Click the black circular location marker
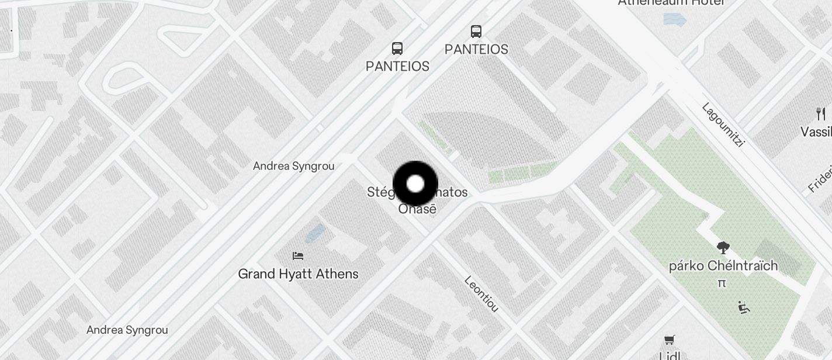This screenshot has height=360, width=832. [x=415, y=184]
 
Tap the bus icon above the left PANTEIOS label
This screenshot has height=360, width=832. [x=397, y=48]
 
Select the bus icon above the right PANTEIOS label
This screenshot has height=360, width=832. [x=476, y=31]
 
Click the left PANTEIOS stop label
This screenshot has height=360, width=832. [x=397, y=66]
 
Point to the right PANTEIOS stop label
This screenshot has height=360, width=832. [x=476, y=50]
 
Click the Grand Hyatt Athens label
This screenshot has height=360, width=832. [x=298, y=274]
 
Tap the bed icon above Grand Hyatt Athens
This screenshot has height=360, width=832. [x=298, y=255]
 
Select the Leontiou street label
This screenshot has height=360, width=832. [x=481, y=293]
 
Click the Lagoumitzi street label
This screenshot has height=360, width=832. [x=723, y=124]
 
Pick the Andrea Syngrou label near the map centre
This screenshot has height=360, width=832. [x=293, y=166]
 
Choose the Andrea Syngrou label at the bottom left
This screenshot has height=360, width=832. [x=127, y=330]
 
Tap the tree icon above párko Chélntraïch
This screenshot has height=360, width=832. [x=723, y=248]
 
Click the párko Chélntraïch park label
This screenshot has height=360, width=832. [x=723, y=266]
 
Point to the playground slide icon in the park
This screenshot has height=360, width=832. [x=743, y=307]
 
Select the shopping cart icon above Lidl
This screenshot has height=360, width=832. [x=670, y=340]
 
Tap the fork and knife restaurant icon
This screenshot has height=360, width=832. [x=821, y=113]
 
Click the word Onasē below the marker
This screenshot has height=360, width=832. [x=417, y=209]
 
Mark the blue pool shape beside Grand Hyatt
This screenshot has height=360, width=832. [x=315, y=234]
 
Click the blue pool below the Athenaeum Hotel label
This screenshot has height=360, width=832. [x=675, y=19]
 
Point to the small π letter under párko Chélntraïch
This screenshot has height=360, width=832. [x=722, y=283]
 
